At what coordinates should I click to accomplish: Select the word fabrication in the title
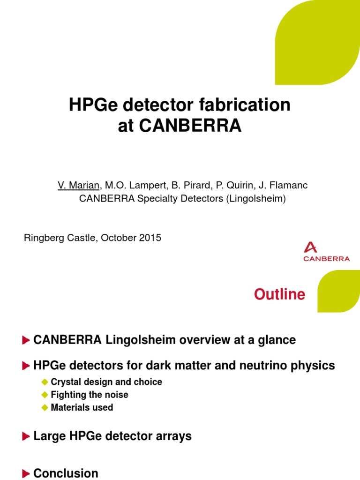tap(250, 105)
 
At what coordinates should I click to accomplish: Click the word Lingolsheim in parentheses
tap(255, 198)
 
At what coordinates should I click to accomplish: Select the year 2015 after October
tap(150, 238)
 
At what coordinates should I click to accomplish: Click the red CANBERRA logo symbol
tap(310, 247)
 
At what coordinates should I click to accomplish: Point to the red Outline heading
tap(279, 294)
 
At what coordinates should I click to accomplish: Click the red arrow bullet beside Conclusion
tap(26, 473)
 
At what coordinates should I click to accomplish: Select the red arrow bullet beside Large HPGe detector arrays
tap(26, 436)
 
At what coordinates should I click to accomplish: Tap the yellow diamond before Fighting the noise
tap(45, 395)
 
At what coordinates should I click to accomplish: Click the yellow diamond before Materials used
tap(45, 407)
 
